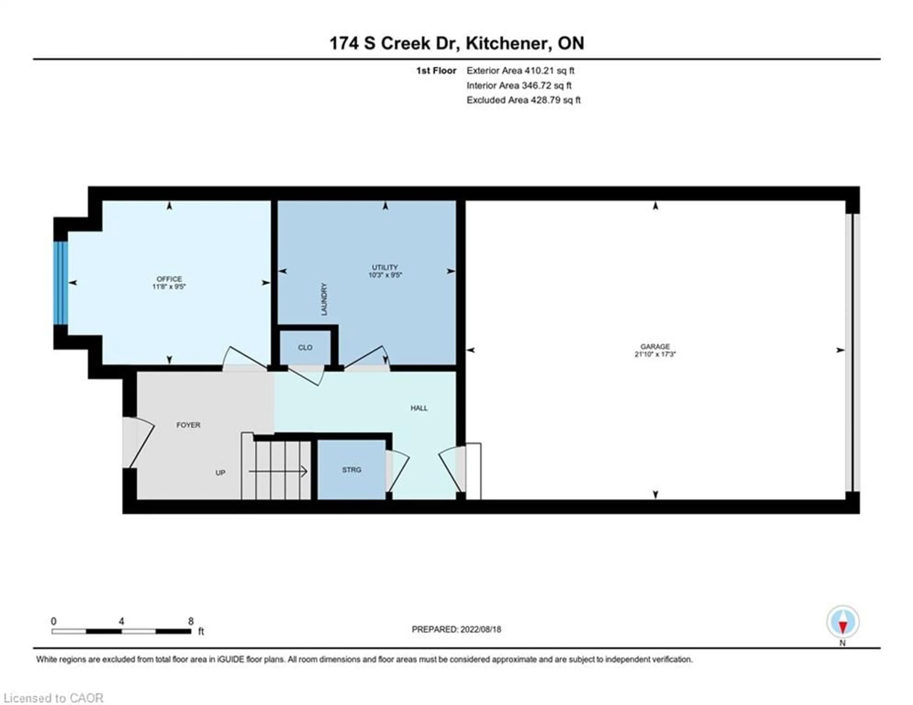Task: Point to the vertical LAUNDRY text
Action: pyautogui.click(x=324, y=299)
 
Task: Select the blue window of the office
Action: pyautogui.click(x=61, y=283)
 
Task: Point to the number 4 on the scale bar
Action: pyautogui.click(x=121, y=621)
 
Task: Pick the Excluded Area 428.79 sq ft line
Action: pyautogui.click(x=523, y=100)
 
